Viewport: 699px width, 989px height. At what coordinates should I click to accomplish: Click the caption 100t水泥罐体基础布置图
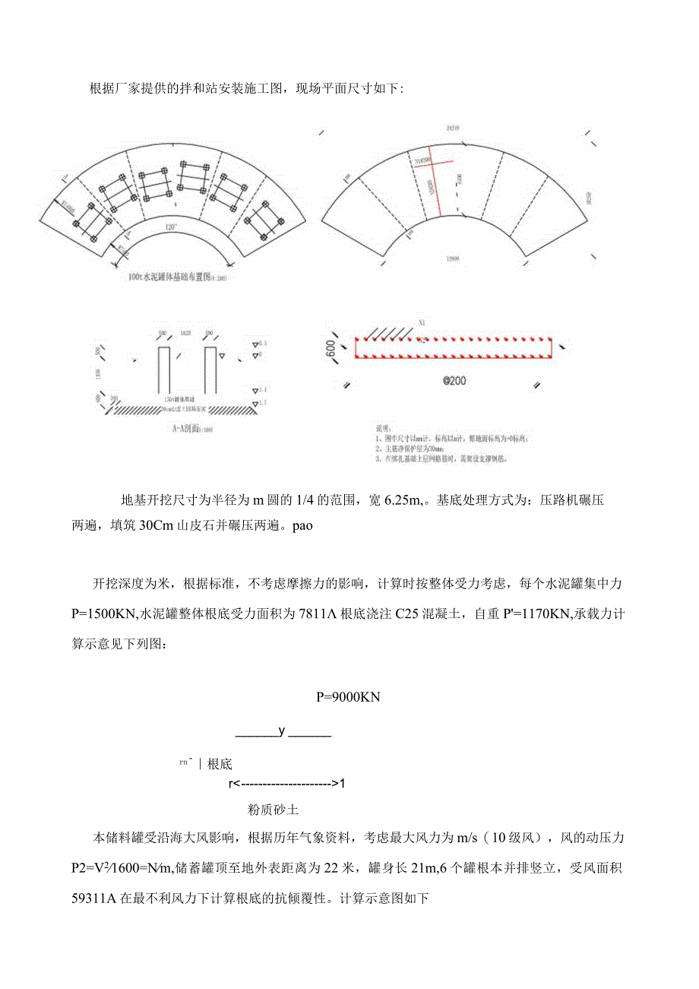pos(177,277)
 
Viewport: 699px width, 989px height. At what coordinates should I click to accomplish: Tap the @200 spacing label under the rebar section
pos(454,380)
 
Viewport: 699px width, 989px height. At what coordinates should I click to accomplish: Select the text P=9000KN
pos(348,696)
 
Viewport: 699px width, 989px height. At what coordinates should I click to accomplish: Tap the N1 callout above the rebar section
pos(422,323)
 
